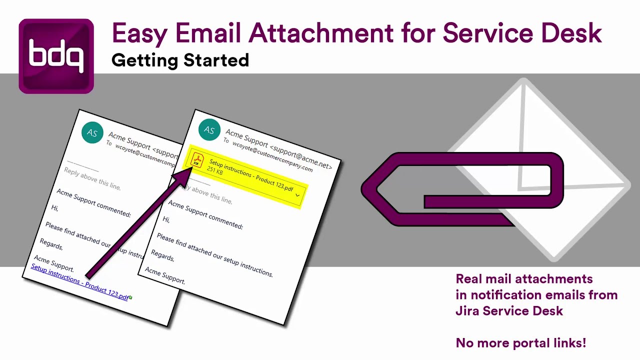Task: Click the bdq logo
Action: pos(56,56)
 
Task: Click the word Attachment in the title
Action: pos(320,33)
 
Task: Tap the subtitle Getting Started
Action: pos(180,60)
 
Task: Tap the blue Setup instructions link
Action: pos(80,281)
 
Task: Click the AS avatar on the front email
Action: pos(209,130)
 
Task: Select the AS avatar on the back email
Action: pos(92,132)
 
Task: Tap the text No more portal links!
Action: pos(520,343)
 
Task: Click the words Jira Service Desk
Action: pos(509,311)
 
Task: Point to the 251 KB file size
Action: pos(215,171)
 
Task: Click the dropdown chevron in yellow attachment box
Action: pos(297,195)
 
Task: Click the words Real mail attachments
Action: pos(524,279)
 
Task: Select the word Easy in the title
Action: pos(139,33)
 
